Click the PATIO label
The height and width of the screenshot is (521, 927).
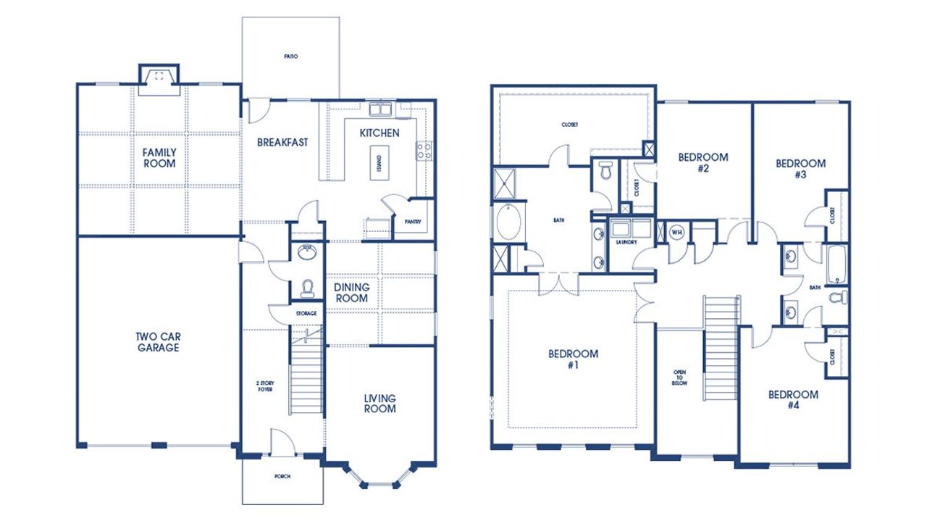(291, 56)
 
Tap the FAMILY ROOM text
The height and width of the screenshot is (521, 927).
(159, 158)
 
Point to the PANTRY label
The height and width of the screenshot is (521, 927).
(413, 222)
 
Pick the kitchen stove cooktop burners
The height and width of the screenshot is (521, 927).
(424, 150)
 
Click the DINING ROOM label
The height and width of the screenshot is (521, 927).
(351, 293)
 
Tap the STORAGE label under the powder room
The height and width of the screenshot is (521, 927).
(306, 314)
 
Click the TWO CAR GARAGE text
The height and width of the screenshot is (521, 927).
(157, 342)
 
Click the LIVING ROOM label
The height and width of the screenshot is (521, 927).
(379, 404)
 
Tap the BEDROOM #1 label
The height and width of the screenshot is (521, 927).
(573, 359)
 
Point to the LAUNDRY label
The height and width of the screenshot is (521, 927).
(626, 242)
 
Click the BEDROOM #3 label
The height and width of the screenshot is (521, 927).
(800, 168)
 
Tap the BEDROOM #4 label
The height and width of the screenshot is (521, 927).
(793, 400)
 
